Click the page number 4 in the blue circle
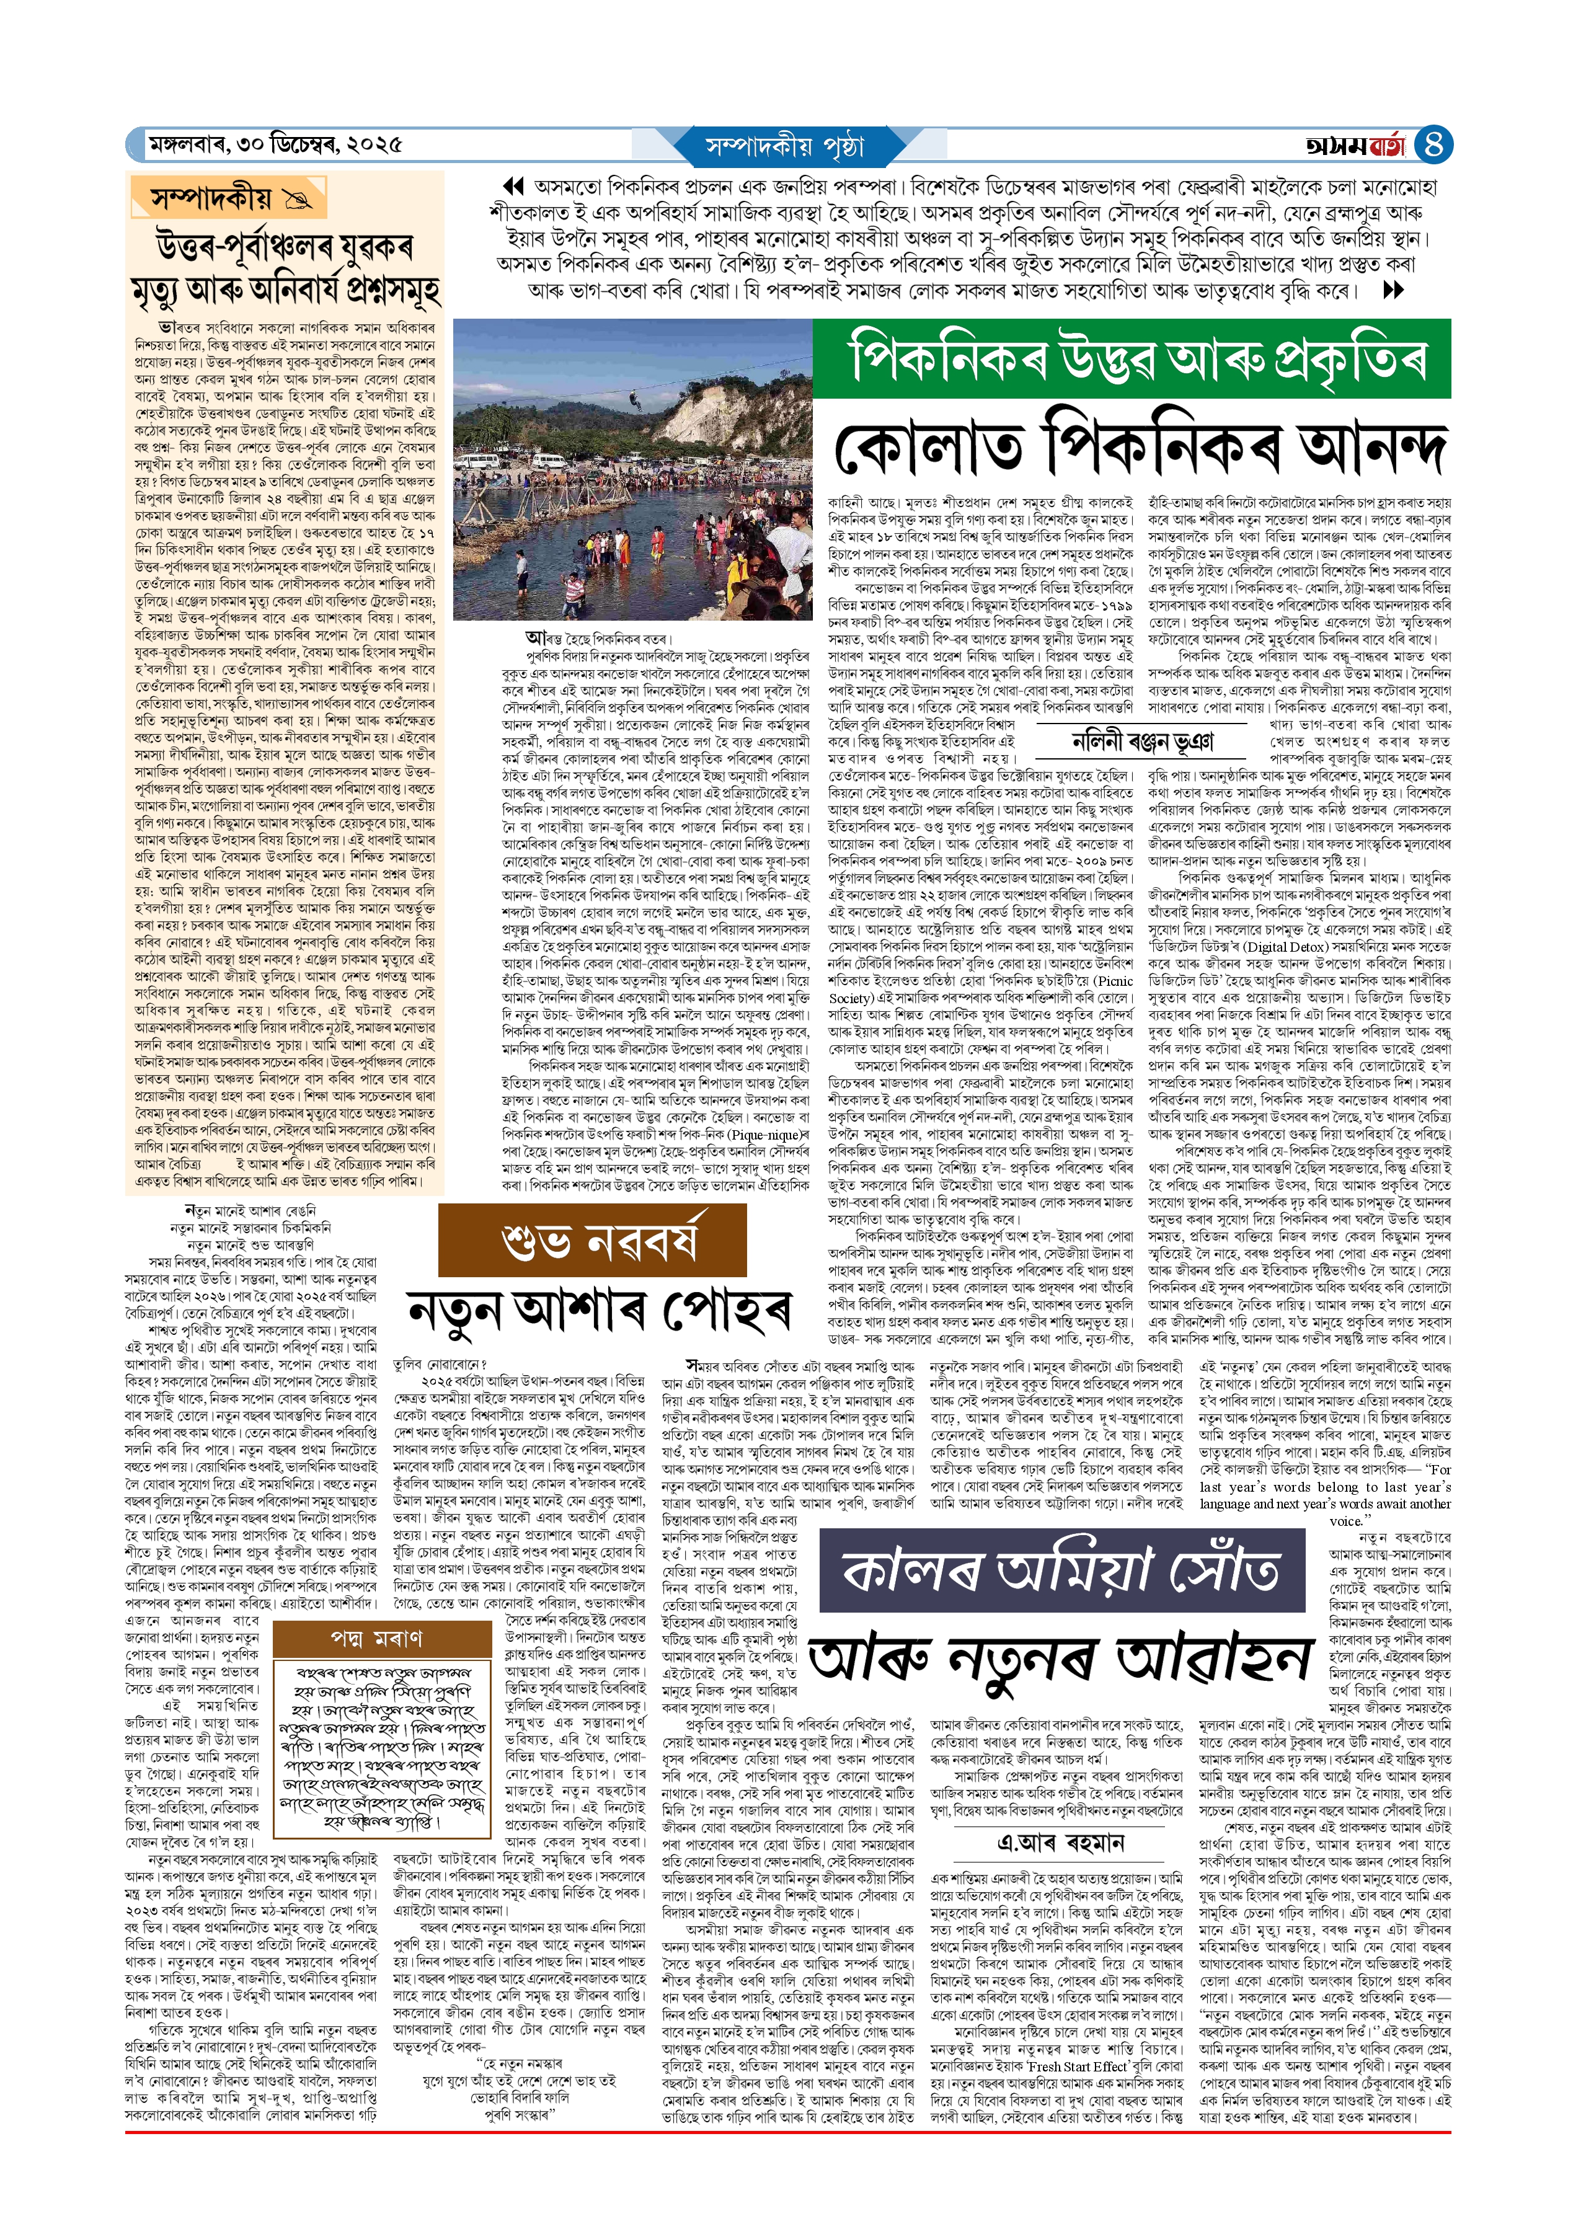[1432, 145]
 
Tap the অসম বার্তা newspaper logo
[1355, 146]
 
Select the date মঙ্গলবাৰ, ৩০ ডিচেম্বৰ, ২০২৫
[275, 145]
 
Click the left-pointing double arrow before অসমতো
[512, 187]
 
